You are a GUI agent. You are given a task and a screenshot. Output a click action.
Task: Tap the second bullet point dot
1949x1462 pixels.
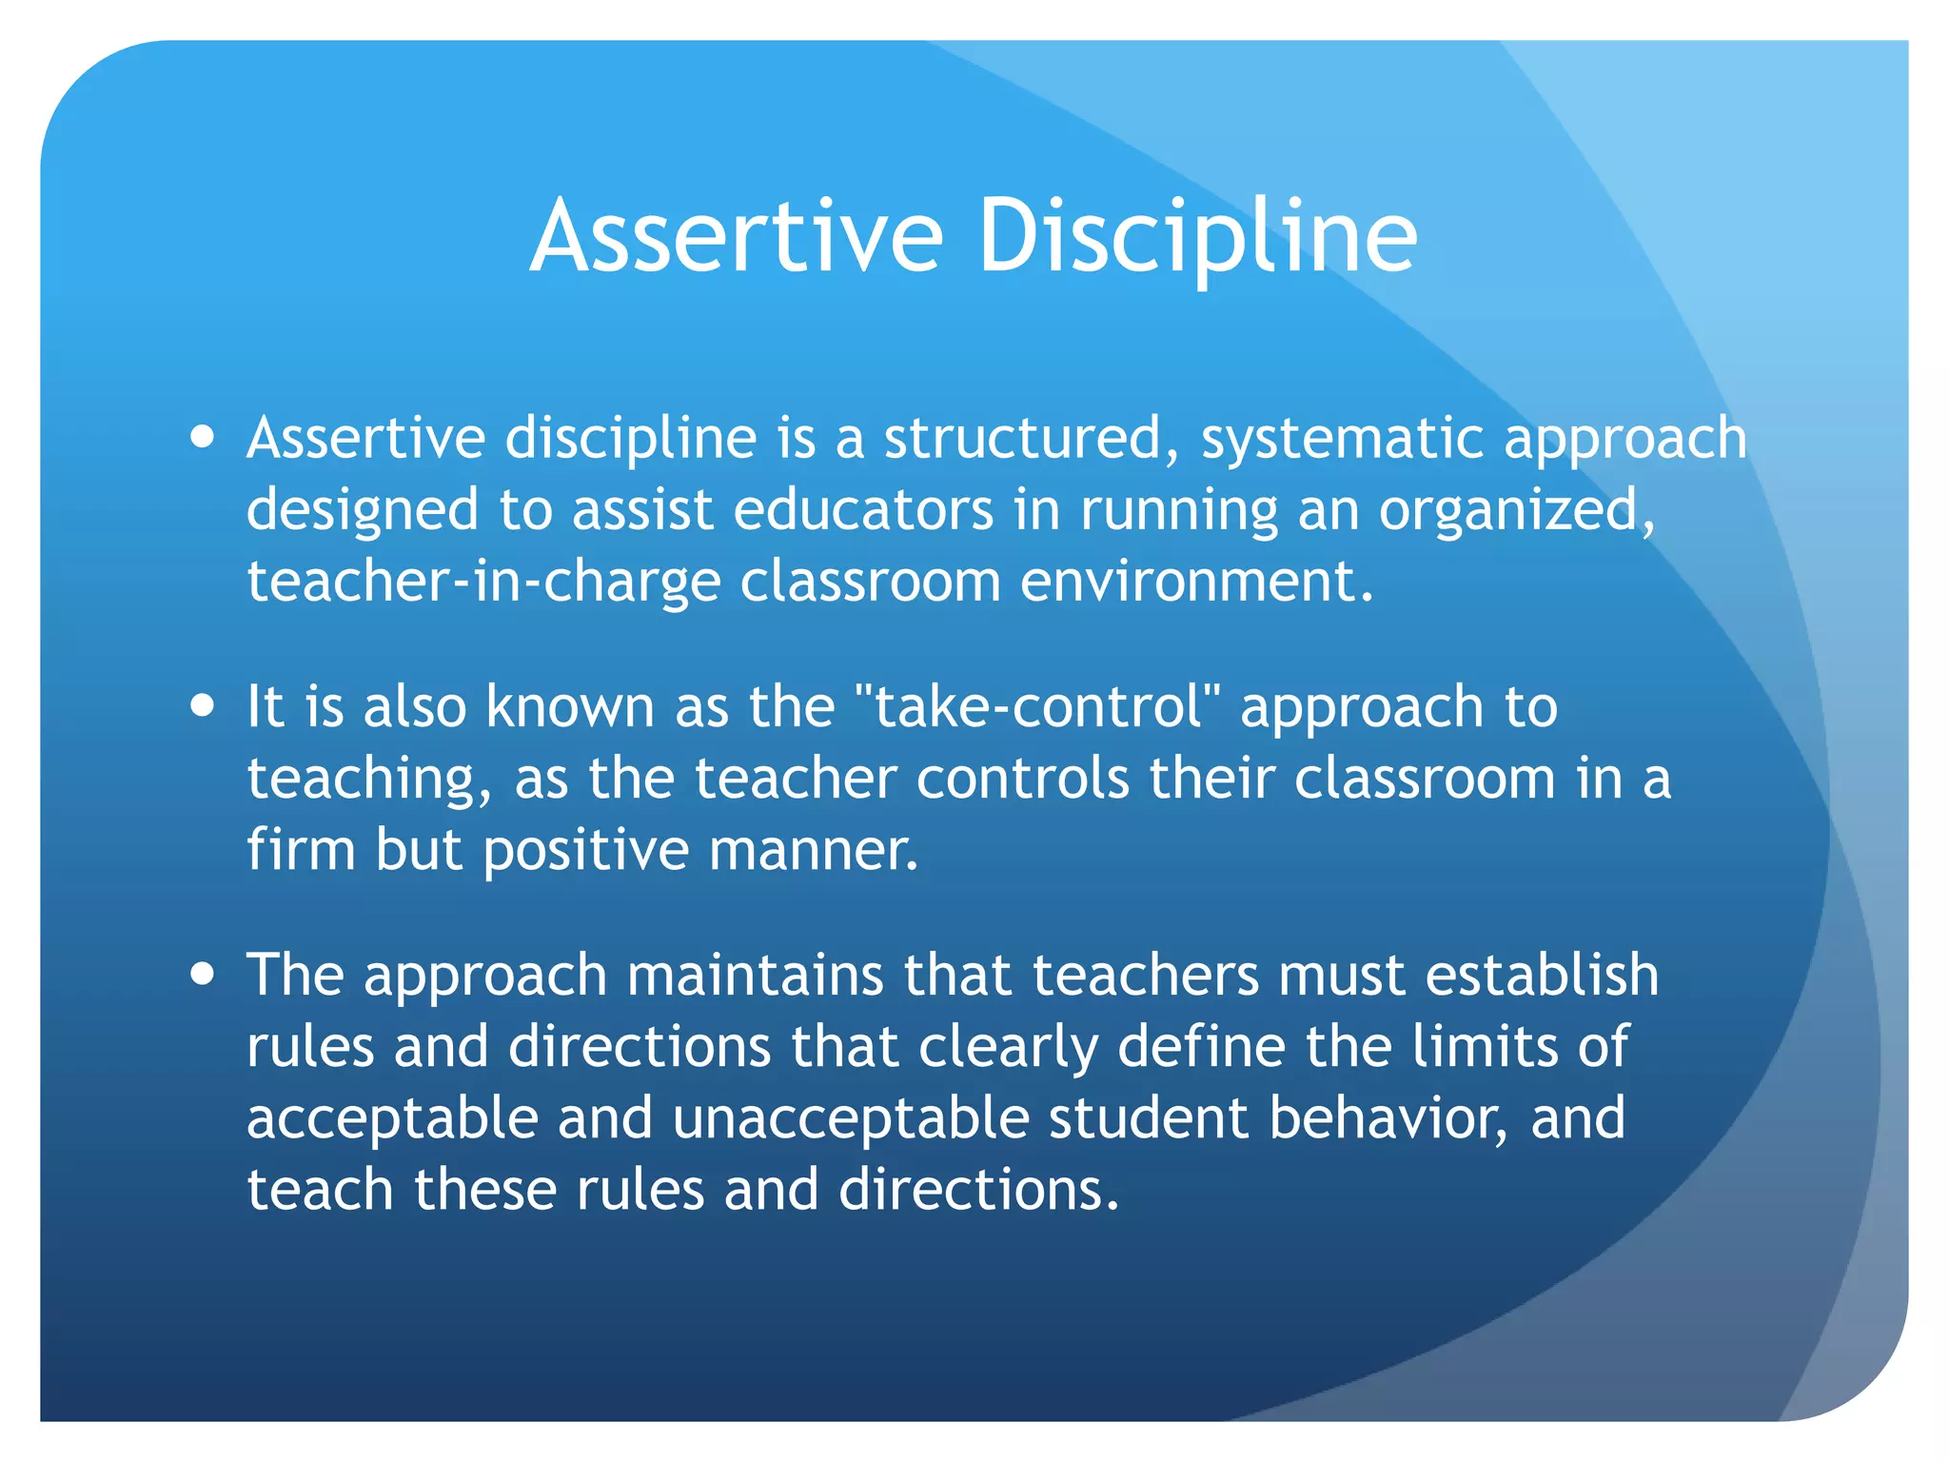tap(202, 707)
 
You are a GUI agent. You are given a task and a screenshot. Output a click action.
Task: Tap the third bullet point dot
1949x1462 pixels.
tap(202, 975)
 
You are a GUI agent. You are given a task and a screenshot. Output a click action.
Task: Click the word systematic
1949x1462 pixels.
tap(1342, 439)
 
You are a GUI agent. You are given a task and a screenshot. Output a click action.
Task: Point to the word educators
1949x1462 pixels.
tap(863, 510)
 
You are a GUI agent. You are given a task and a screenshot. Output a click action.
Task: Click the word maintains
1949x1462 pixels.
tap(756, 976)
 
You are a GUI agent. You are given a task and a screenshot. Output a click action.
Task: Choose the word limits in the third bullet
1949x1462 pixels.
tap(1485, 1047)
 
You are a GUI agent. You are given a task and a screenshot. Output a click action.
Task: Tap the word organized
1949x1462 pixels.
tap(1517, 512)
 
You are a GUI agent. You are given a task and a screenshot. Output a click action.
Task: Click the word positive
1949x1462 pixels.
tap(585, 851)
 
